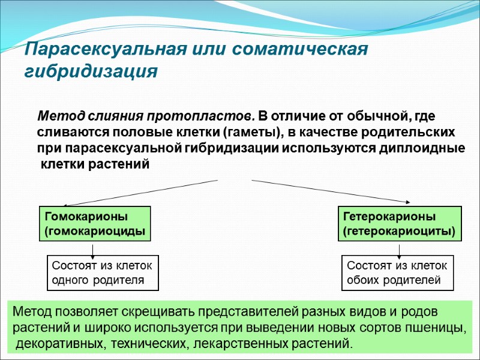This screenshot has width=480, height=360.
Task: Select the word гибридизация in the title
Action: pos(90,71)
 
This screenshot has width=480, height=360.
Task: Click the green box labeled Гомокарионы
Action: pos(94,223)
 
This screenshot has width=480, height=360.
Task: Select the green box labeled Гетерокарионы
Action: pos(401,223)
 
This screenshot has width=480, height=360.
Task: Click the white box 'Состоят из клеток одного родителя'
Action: pos(103,273)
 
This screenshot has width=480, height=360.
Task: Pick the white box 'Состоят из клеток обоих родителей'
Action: pos(397,273)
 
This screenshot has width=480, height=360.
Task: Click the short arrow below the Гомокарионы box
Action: pos(92,248)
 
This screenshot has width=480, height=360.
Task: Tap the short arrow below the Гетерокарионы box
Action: pos(399,248)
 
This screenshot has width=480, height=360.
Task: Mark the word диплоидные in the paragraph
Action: pos(422,148)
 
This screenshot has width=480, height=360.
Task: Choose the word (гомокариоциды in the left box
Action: pos(94,231)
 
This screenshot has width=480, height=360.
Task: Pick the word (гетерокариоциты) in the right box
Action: pos(399,231)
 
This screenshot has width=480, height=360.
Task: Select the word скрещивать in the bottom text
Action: pos(159,312)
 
